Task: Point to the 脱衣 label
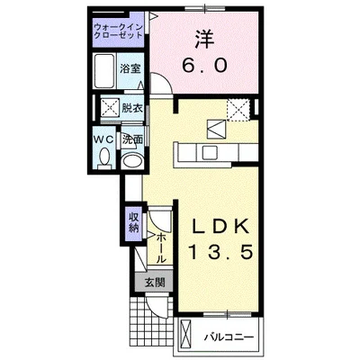click(132, 107)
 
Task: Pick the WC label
click(103, 139)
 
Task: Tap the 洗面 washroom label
click(132, 139)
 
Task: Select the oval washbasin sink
click(133, 162)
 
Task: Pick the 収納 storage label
click(133, 222)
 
